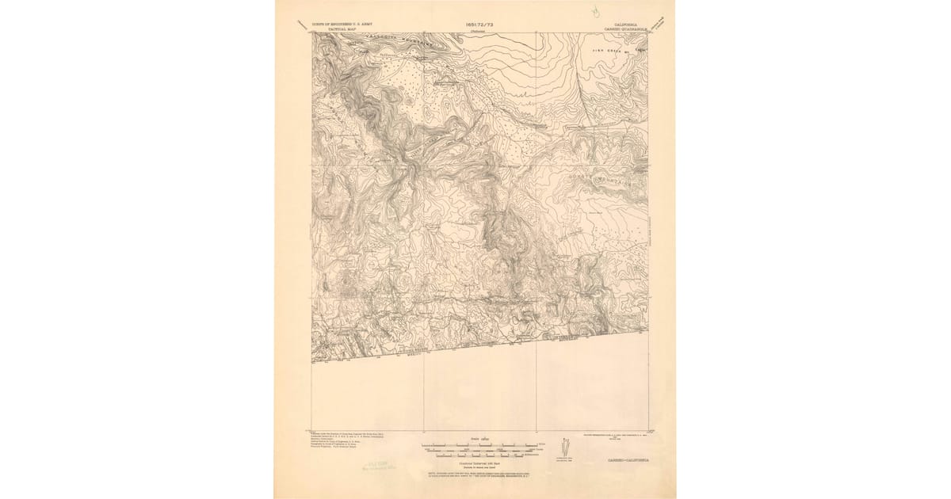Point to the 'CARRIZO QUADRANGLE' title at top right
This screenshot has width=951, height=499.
click(x=628, y=29)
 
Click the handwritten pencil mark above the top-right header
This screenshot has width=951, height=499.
click(x=594, y=12)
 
